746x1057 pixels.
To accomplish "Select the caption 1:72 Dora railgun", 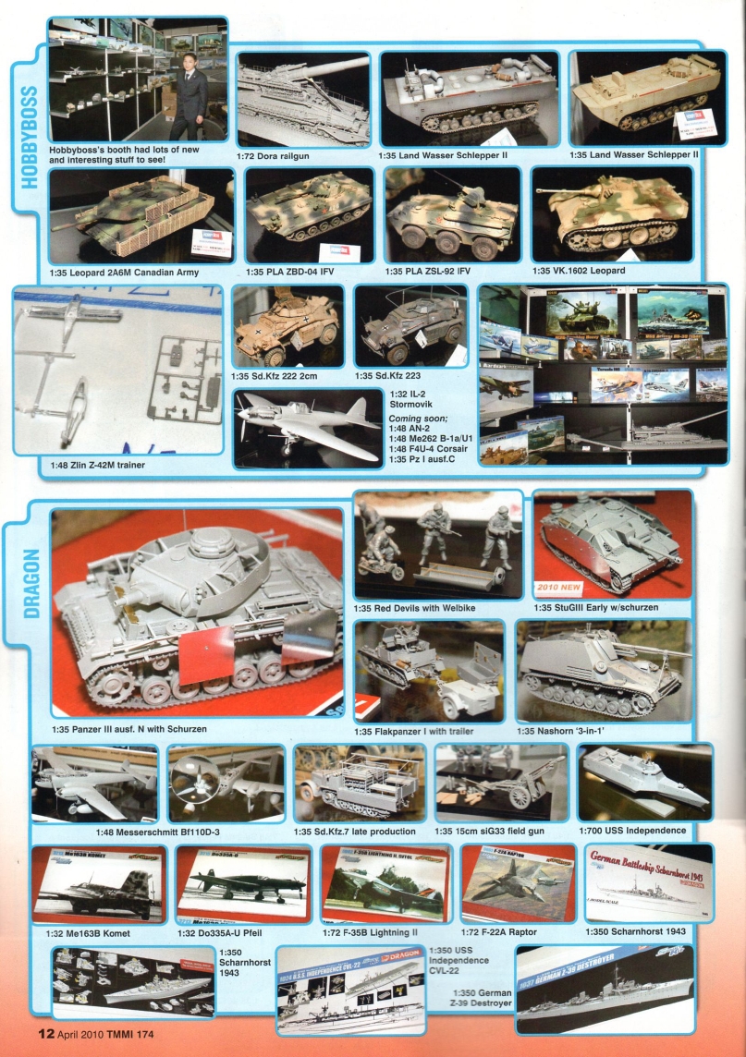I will [273, 155].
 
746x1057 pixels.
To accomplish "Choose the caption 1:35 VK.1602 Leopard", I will [579, 271].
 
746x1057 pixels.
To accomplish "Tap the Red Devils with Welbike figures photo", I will [436, 545].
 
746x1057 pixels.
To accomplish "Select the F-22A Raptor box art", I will [518, 883].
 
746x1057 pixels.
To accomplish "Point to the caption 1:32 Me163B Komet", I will [80, 933].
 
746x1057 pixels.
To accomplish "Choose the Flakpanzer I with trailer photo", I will [429, 669].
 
